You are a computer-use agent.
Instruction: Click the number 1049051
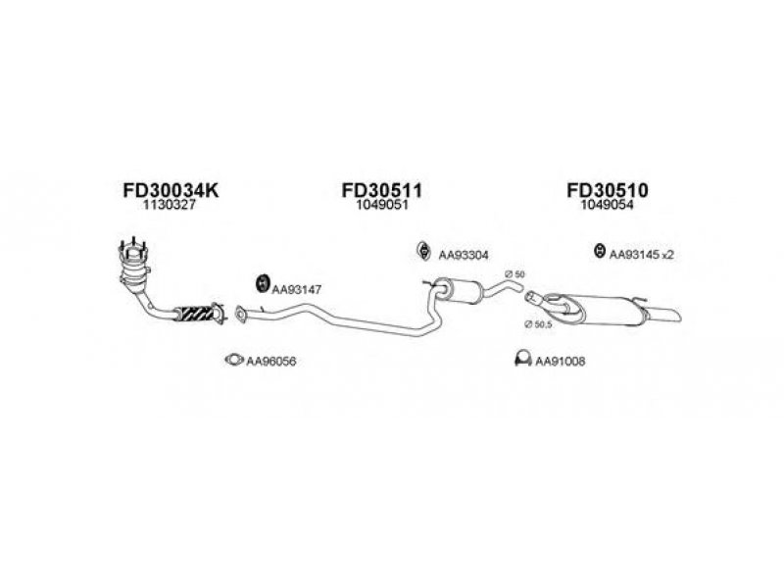click(381, 207)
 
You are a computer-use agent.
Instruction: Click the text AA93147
click(297, 289)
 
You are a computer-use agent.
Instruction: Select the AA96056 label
click(271, 362)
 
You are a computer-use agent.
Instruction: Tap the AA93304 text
click(464, 254)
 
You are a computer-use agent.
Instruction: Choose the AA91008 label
click(559, 362)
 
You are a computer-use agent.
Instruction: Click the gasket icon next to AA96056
click(233, 360)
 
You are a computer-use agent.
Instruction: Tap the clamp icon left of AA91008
click(523, 360)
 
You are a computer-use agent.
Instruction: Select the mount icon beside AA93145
click(598, 252)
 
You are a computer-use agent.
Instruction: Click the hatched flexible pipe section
click(197, 314)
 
